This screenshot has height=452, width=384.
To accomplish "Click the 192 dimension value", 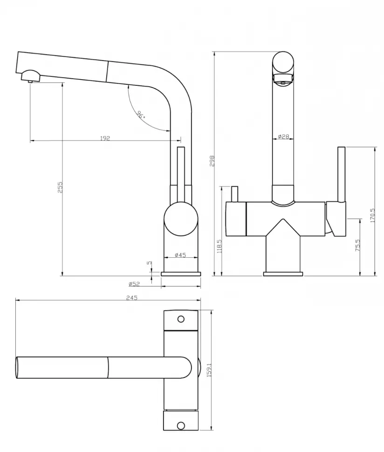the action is (x=105, y=138).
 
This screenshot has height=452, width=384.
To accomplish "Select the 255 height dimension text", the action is (x=60, y=187).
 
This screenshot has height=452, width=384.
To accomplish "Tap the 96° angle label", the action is (x=141, y=115).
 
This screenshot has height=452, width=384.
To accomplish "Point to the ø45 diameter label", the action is (x=180, y=255).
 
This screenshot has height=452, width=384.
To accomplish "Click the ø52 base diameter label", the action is (x=134, y=284).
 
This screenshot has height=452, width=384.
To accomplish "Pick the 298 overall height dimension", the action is (x=212, y=161).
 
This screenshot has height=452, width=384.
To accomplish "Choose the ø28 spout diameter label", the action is (x=284, y=137).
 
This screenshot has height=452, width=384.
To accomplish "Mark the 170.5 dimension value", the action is (x=372, y=215).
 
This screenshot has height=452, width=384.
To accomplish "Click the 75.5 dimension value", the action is (x=358, y=245).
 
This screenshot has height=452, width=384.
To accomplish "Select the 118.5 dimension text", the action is (x=219, y=246).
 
